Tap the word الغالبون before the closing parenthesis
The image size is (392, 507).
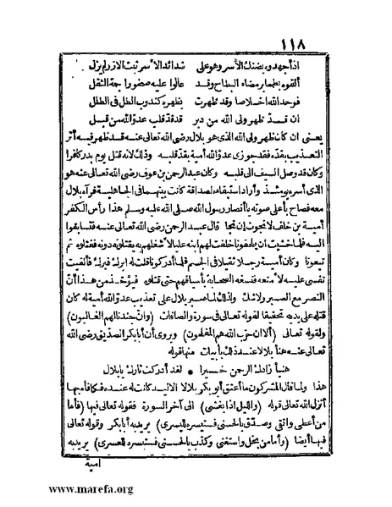[x=110, y=313]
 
